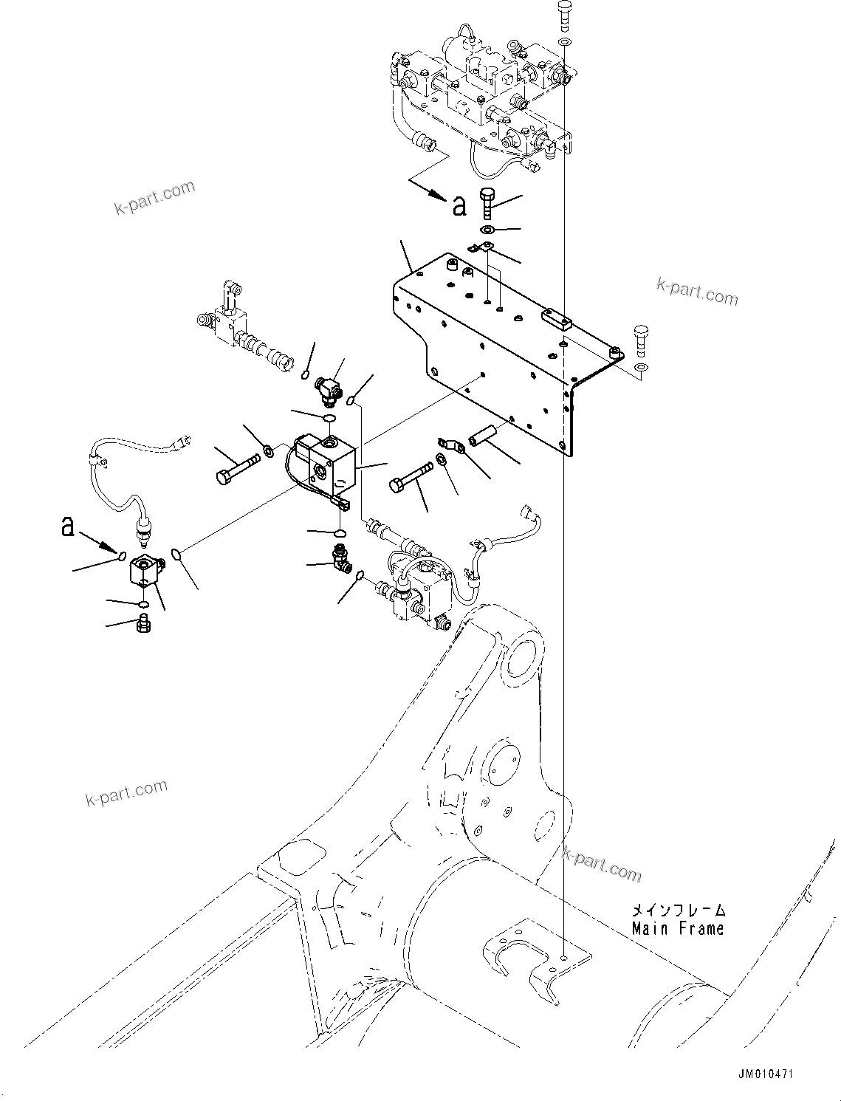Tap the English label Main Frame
point(678,929)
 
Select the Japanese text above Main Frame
point(678,911)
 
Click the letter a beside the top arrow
point(459,206)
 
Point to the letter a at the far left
point(68,526)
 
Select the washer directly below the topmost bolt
point(563,42)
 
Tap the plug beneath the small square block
point(144,627)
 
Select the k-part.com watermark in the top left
point(155,197)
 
